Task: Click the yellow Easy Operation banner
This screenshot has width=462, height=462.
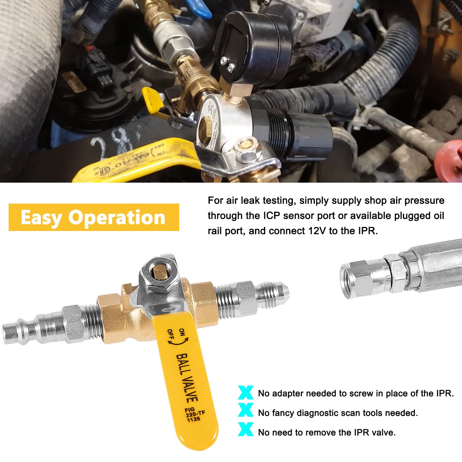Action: click(94, 217)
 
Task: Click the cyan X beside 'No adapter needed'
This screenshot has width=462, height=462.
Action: click(246, 393)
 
